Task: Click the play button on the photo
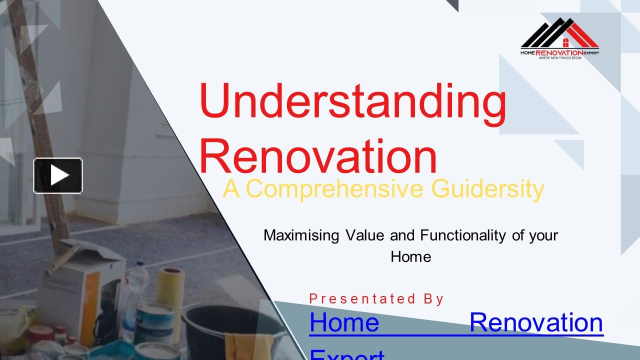pos(58,175)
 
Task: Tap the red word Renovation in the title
pos(318,156)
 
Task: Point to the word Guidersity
pos(487,189)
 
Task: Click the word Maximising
pos(301,235)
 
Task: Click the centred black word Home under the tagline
pos(410,257)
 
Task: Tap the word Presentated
pos(362,299)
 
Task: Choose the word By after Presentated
pos(433,299)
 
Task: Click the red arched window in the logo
pos(566,42)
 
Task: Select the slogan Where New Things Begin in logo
pos(559,58)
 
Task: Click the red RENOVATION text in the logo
pos(559,52)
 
